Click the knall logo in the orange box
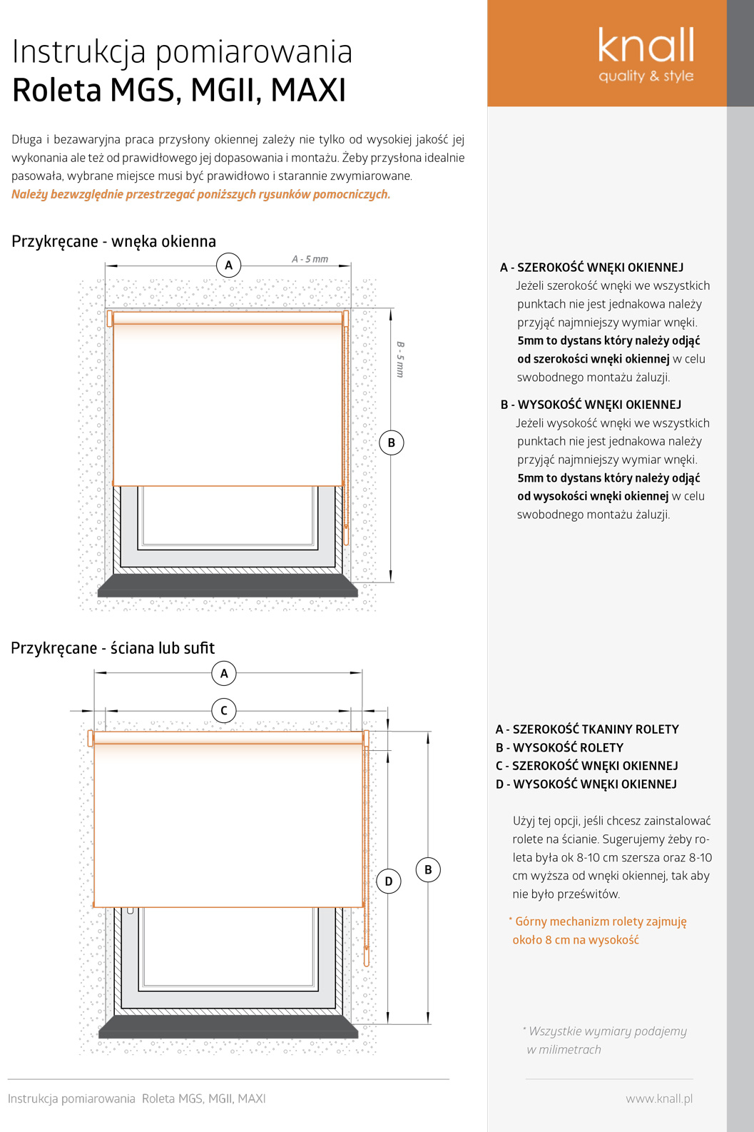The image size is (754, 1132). [646, 54]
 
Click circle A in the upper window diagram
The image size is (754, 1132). [228, 266]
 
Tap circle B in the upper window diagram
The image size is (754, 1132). [392, 443]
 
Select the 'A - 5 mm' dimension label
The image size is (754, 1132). [310, 259]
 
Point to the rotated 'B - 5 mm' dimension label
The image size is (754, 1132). [400, 359]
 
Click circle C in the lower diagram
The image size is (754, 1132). [224, 711]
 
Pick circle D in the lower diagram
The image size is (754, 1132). [389, 881]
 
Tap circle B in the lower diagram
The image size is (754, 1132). [428, 870]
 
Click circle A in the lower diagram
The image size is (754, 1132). [224, 673]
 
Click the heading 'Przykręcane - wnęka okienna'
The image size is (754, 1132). [113, 241]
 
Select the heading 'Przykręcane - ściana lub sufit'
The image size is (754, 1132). [113, 648]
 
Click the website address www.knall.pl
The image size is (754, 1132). [659, 1098]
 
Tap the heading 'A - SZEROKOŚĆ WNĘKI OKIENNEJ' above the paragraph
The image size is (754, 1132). [592, 268]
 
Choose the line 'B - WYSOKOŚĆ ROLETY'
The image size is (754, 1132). [560, 748]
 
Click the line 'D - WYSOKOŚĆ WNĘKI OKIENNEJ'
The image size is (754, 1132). [586, 784]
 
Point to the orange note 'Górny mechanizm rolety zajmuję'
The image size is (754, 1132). [601, 921]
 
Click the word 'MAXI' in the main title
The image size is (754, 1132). [308, 91]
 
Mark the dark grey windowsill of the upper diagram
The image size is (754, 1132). [228, 587]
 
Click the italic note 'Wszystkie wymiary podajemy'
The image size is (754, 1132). [607, 1031]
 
